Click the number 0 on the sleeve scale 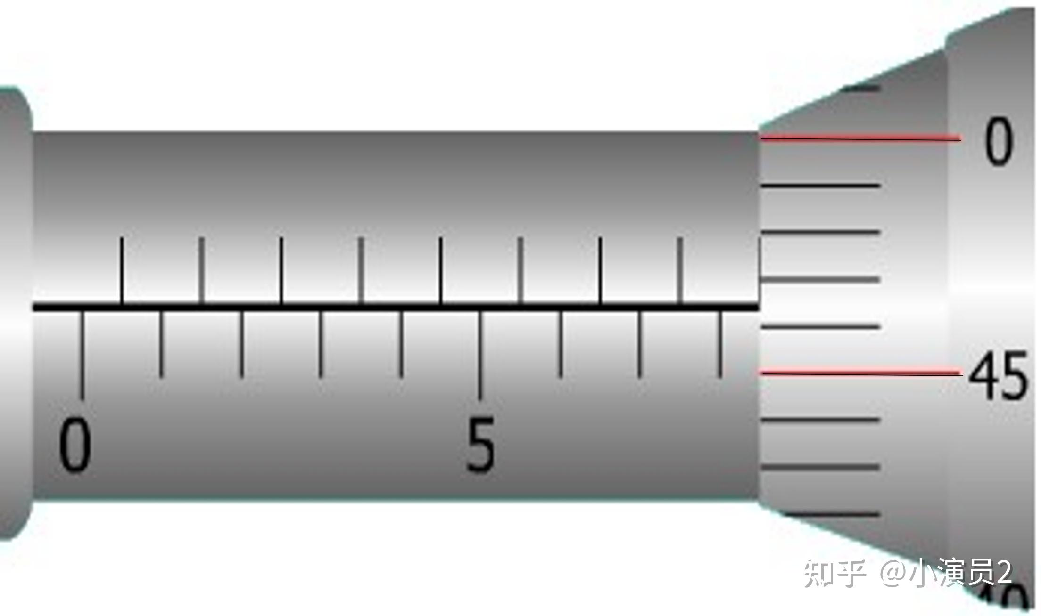[x=74, y=445]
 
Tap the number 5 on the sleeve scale [x=480, y=445]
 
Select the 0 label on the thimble [x=998, y=141]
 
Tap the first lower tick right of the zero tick [x=162, y=344]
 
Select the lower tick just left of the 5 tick [x=401, y=344]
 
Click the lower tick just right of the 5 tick [x=561, y=344]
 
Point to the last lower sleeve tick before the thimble [x=720, y=344]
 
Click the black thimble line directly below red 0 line [x=820, y=186]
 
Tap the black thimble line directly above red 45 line [x=820, y=326]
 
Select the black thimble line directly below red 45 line [x=820, y=419]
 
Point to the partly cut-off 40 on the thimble [x=1004, y=600]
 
